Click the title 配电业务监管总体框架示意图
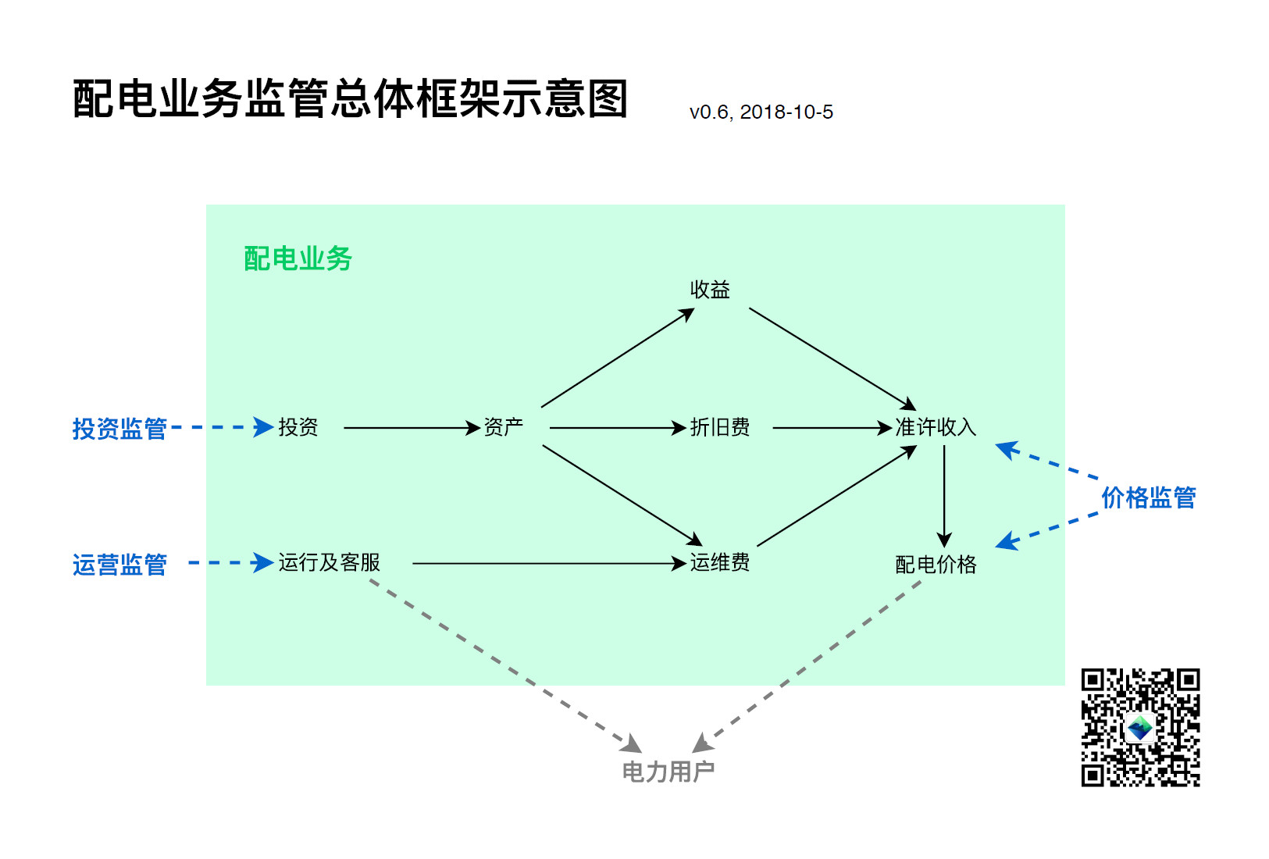350,99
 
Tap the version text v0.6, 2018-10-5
761,112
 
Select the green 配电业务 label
298,258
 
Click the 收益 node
710,290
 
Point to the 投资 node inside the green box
298,427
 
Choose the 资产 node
503,427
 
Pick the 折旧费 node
719,427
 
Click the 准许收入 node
935,427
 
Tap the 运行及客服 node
329,562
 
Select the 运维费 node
719,562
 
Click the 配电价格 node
935,564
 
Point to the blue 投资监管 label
119,428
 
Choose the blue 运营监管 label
119,564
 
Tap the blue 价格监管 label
1148,497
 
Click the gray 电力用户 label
668,772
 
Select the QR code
1140,727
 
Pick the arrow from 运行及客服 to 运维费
547,563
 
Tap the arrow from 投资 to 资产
410,428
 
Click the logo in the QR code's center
1140,728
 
